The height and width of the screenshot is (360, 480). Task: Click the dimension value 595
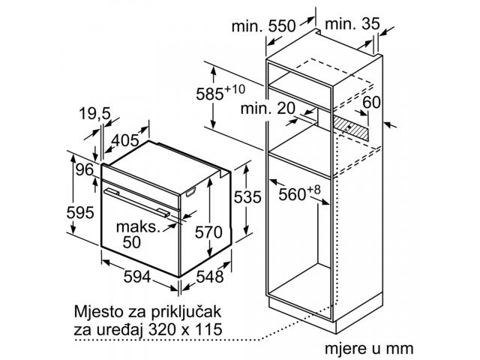(80, 212)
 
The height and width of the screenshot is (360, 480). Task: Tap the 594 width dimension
(137, 277)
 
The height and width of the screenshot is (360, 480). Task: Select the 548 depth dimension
(210, 277)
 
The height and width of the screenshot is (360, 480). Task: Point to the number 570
(208, 232)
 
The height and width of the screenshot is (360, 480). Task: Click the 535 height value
(247, 196)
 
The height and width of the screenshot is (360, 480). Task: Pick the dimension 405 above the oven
(125, 140)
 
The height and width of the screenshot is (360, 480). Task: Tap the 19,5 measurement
(94, 113)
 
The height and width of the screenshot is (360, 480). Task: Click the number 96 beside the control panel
(84, 169)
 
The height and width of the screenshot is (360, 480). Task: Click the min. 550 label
(263, 26)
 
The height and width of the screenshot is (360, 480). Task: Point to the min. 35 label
(352, 23)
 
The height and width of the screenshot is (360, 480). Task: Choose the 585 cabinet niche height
(220, 92)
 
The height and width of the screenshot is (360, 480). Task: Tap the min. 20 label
(268, 108)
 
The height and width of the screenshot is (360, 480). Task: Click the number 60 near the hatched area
(371, 102)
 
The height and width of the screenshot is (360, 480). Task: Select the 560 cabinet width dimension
(299, 193)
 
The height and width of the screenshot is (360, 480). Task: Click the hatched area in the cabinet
(351, 127)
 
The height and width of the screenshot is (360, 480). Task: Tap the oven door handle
(136, 202)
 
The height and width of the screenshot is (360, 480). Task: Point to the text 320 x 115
(185, 329)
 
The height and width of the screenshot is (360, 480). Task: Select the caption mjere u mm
(369, 348)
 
